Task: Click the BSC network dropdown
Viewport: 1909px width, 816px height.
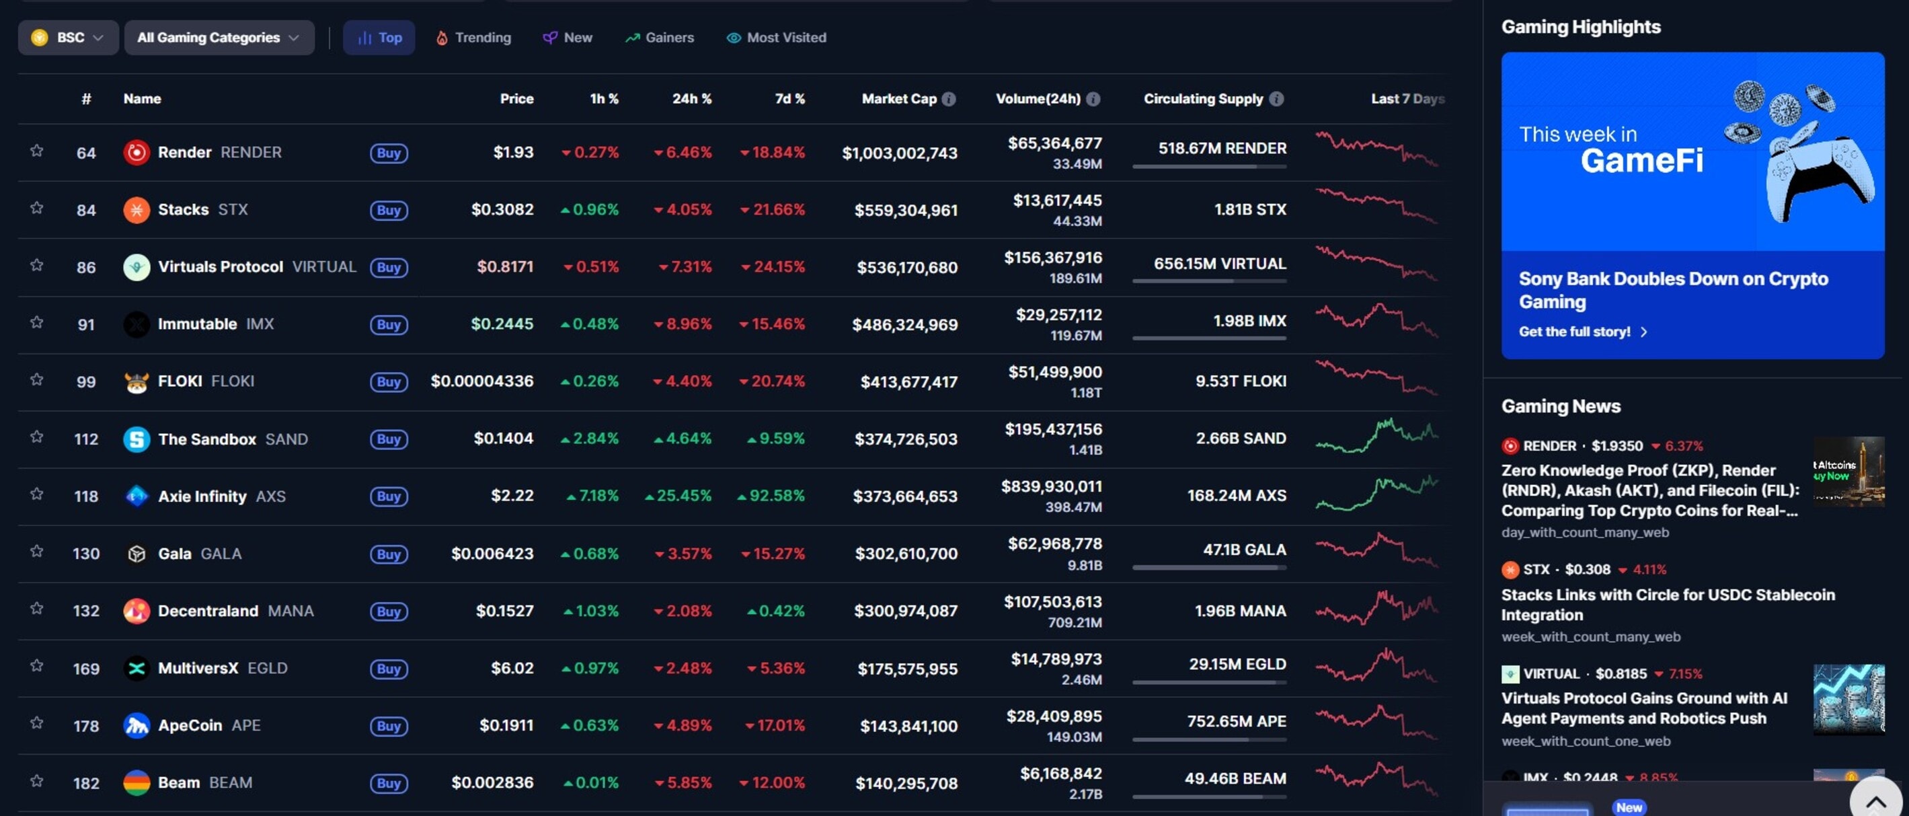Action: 68,37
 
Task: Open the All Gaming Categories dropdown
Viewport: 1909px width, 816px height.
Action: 219,37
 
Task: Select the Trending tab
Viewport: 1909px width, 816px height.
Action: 473,37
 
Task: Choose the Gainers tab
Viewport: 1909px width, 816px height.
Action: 660,37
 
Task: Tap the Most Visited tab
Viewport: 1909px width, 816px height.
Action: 776,37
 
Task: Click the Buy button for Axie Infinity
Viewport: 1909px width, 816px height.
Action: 388,496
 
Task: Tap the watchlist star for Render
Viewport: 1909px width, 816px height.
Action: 36,151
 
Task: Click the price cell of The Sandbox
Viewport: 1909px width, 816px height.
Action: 503,439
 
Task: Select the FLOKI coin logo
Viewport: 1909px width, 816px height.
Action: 137,381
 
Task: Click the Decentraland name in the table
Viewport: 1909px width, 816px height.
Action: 208,611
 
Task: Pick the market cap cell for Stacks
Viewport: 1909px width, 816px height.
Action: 905,211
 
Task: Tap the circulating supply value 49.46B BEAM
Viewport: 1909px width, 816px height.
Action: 1235,778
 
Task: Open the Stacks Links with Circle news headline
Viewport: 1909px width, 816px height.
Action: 1668,604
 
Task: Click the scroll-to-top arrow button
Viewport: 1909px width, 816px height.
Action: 1875,801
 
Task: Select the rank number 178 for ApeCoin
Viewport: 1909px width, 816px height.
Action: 86,727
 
